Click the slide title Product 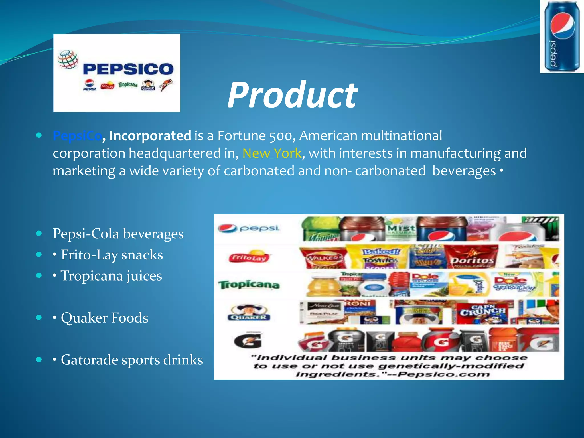coord(292,95)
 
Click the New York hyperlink coord(272,153)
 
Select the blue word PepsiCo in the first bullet coord(77,136)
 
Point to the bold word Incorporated coord(150,136)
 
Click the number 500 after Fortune coord(281,136)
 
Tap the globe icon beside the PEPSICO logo coord(68,60)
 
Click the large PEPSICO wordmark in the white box coord(128,69)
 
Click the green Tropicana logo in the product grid coord(249,285)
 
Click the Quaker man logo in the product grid coord(249,312)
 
